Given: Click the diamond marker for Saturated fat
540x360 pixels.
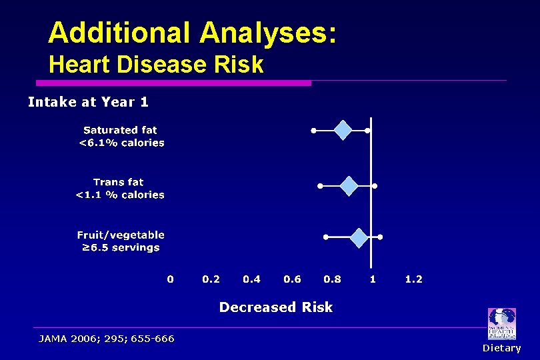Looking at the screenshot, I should coord(343,130).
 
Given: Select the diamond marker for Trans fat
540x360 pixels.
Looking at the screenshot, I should coord(349,185).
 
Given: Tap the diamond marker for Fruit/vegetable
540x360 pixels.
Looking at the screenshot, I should coord(359,237).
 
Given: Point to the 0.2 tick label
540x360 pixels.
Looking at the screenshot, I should coord(211,279).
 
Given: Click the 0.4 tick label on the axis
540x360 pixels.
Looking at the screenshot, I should coord(251,279).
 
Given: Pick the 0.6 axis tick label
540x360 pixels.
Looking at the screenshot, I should coord(292,279).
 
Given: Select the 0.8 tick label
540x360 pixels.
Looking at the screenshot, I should coord(332,279).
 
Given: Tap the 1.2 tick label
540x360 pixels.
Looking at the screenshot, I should coord(413,279).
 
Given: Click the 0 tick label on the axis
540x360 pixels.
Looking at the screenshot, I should coord(170,279).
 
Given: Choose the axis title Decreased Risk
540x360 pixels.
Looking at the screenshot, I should coord(275,307).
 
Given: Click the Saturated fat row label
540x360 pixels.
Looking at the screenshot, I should coord(121,137).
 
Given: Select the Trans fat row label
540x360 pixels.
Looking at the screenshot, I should coord(119,188).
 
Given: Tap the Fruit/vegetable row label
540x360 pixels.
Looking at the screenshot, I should coord(120,241).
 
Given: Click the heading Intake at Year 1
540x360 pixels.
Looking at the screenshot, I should coord(88,102).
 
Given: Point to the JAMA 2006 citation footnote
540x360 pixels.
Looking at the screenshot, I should coord(107,339).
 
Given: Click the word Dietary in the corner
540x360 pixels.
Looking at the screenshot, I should coord(501,348).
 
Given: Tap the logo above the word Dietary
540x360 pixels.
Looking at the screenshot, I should coord(501,324).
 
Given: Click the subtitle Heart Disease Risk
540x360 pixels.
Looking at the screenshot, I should coord(156,65).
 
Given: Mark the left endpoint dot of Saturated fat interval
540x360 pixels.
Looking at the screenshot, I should coord(314,131).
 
